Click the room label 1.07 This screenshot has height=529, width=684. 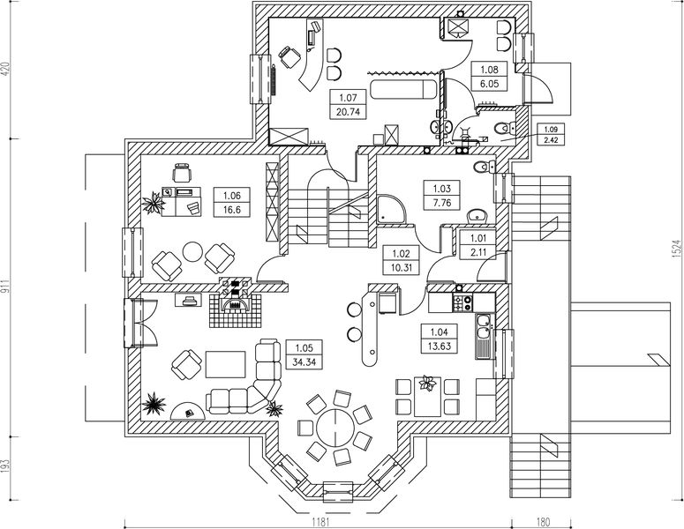pos(346,97)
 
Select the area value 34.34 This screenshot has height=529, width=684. pos(305,361)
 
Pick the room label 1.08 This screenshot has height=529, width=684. pos(488,68)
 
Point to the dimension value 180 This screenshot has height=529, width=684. pos(543,522)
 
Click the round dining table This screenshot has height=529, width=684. pos(335,428)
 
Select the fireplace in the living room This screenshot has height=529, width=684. pos(235,305)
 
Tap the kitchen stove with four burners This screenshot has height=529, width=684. pos(462,302)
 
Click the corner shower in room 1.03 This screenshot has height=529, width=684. pos(388,210)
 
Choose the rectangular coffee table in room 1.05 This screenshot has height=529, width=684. pos(225,361)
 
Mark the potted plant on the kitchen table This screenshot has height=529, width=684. pos(428,383)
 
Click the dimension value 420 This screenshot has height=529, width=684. pos(7,69)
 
